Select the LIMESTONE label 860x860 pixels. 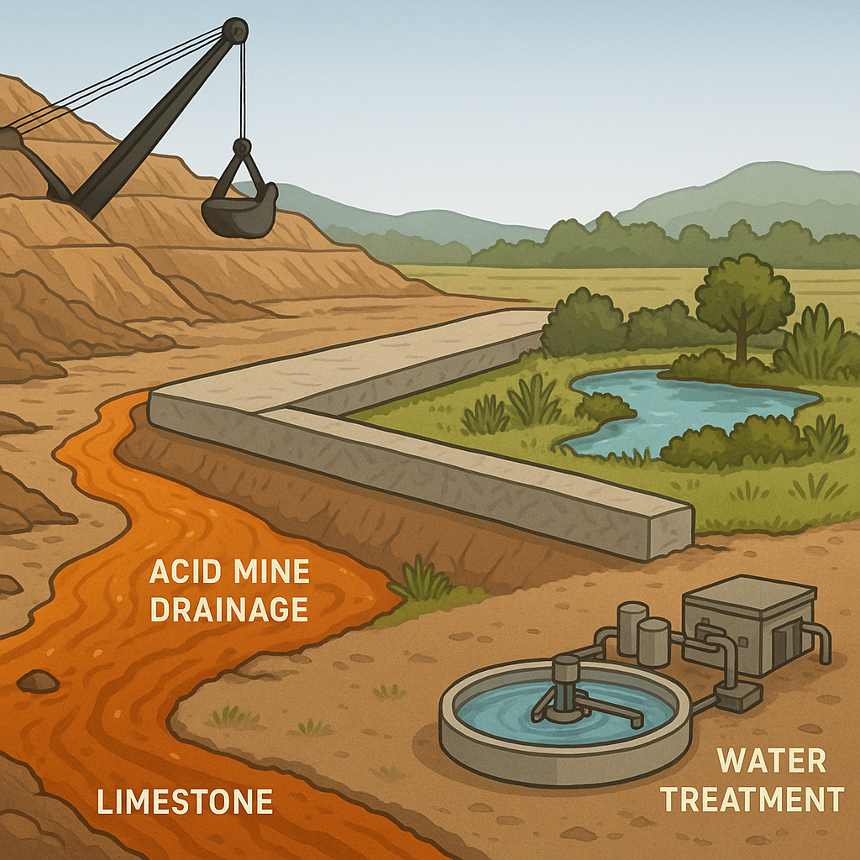tap(185, 801)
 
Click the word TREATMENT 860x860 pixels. tap(752, 799)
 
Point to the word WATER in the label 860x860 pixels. tap(772, 761)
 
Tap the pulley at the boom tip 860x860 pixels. tap(234, 31)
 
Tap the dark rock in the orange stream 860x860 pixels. tap(39, 681)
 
